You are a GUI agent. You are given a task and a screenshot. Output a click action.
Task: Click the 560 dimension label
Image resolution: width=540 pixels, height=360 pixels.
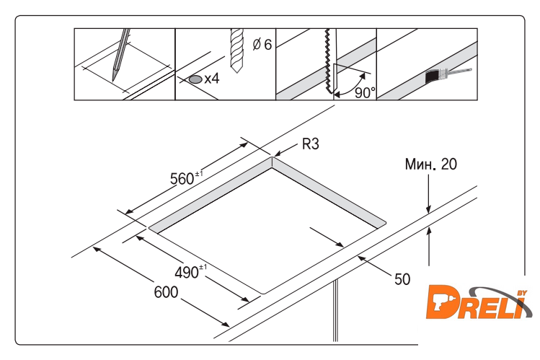click(x=186, y=177)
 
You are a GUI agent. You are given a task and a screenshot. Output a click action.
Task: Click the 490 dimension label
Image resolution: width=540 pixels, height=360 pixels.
click(x=191, y=272)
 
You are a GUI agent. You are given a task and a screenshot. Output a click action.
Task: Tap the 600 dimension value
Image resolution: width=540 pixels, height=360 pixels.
click(x=166, y=292)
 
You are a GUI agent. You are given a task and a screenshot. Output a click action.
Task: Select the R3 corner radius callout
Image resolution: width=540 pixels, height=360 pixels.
click(x=311, y=144)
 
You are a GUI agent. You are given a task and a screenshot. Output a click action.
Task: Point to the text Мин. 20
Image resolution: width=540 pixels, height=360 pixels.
click(x=431, y=164)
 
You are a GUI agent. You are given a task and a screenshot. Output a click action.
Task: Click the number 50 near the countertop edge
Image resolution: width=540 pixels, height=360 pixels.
click(x=402, y=279)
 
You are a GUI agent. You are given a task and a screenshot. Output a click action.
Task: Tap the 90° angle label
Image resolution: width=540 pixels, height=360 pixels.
click(x=365, y=92)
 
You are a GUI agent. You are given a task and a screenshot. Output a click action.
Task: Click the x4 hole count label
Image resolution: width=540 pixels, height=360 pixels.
click(x=212, y=79)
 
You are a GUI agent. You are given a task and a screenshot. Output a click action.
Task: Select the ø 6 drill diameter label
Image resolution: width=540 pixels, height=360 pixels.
click(x=262, y=45)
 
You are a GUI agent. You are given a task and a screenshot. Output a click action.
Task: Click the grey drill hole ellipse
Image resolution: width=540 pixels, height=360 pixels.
click(x=195, y=79)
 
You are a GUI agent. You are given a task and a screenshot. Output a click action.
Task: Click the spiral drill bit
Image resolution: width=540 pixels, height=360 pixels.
click(x=236, y=51)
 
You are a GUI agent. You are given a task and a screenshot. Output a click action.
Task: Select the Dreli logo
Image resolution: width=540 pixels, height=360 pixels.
click(x=479, y=302)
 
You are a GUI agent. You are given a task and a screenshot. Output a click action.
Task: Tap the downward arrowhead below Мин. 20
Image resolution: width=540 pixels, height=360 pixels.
click(x=428, y=209)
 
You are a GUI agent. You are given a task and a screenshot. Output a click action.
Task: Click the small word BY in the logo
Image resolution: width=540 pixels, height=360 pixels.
click(x=523, y=293)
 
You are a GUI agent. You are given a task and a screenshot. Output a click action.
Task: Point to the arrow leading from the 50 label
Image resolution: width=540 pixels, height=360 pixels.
click(x=375, y=265)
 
